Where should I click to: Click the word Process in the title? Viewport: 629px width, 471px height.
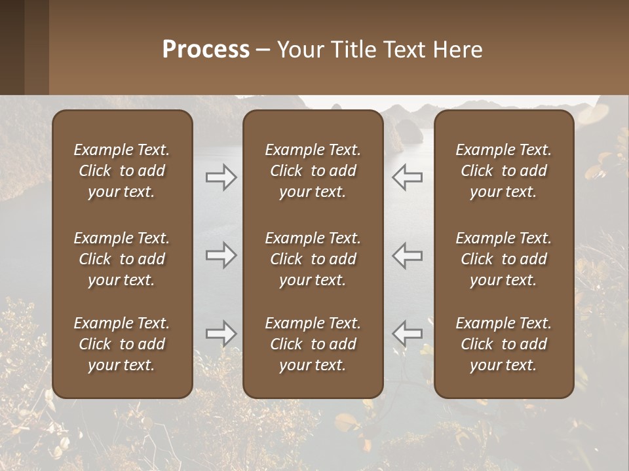coord(206,50)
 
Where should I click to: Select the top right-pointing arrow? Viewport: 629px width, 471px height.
coord(221,177)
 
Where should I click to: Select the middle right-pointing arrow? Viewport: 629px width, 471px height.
coord(221,255)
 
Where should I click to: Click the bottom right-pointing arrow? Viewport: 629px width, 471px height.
coord(221,334)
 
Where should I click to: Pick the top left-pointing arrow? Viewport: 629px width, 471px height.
coord(407,177)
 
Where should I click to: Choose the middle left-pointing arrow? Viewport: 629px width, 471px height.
coord(407,255)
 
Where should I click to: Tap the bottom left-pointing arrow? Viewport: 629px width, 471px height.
coord(407,334)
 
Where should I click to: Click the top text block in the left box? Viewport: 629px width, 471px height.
coord(122,171)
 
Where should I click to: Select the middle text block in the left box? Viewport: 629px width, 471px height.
coord(122,259)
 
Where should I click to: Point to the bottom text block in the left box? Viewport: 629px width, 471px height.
coord(122,344)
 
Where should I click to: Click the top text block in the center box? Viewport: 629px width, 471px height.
coord(313,171)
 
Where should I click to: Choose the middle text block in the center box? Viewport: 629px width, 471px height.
coord(313,259)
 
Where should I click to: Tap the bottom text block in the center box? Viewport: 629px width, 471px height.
coord(313,344)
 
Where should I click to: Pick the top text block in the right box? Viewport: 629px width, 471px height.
coord(503,171)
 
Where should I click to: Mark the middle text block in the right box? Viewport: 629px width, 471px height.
coord(503,259)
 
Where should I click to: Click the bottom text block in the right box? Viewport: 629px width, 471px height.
coord(503,344)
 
